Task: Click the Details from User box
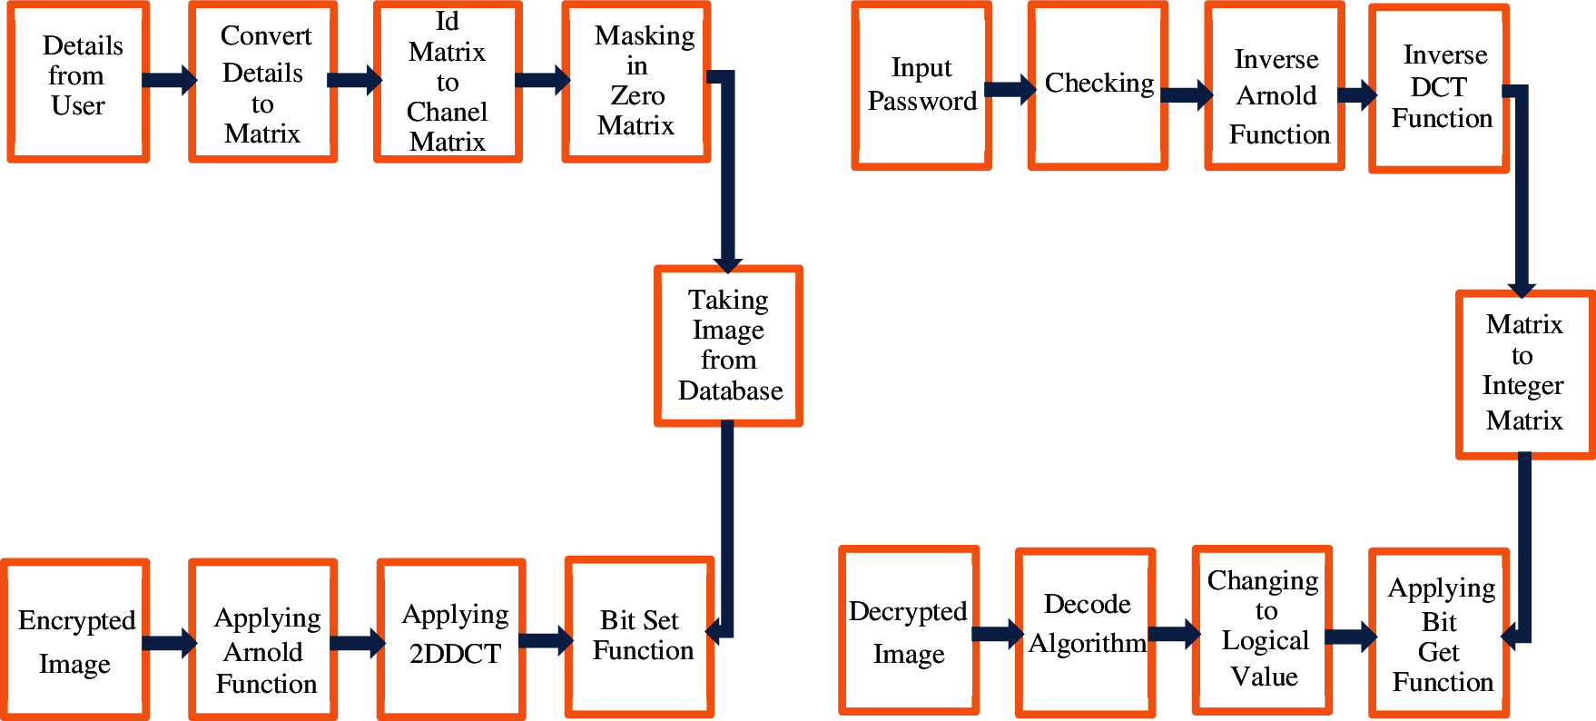78,81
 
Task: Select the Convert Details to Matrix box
263,83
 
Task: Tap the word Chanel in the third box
447,112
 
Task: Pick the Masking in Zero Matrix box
635,82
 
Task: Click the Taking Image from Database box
728,345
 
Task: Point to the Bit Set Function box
640,637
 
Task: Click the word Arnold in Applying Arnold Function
263,652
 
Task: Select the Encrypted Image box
75,640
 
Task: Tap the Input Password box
921,85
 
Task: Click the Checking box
1098,85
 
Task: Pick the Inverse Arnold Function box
1275,85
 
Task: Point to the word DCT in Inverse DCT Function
1438,87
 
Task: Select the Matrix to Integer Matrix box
1524,374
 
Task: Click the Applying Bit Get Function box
1439,634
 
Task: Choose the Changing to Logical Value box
1262,630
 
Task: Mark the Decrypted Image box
909,631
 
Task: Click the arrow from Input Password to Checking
1010,89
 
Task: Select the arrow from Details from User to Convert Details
169,80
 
